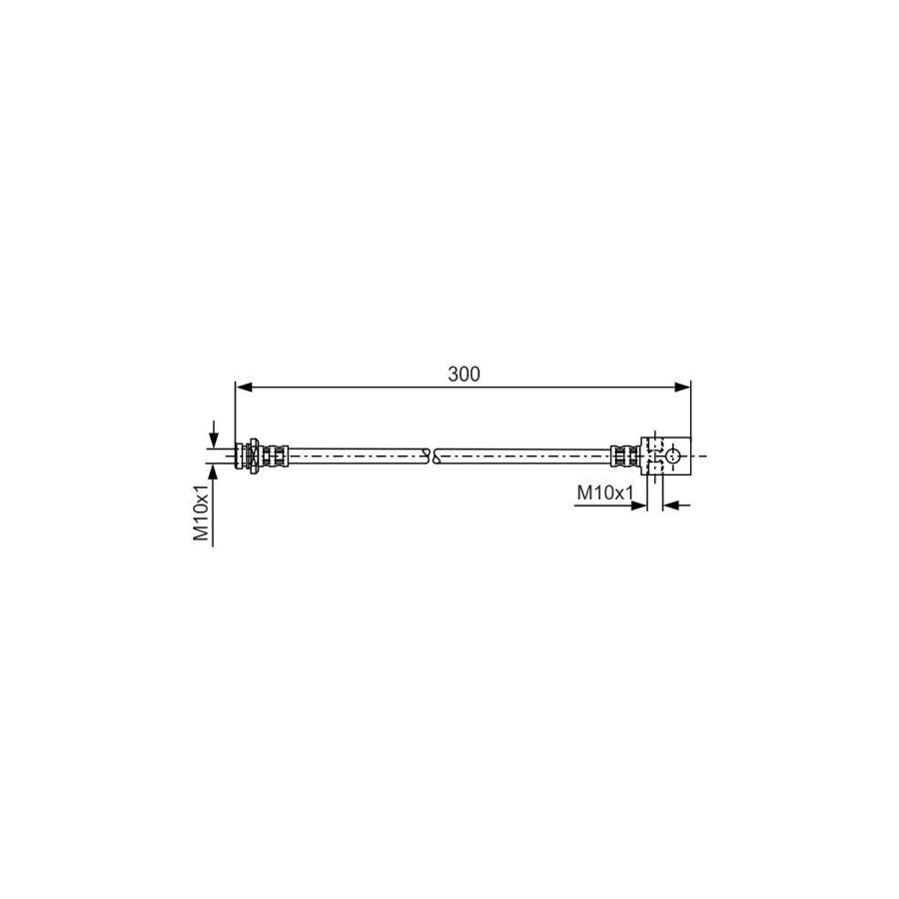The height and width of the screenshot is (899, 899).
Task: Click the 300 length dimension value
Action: pos(463,375)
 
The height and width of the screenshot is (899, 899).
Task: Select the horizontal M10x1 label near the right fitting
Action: pos(606,492)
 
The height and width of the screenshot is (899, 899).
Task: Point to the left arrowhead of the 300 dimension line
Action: pos(242,386)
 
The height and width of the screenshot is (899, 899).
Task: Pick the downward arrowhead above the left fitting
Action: pos(214,440)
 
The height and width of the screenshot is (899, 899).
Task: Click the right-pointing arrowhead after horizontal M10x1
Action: pos(639,505)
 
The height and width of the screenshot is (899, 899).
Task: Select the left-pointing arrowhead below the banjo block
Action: pos(671,505)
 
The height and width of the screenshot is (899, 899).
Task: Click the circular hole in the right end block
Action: pos(674,455)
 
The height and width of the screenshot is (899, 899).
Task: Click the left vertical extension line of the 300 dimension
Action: pos(234,410)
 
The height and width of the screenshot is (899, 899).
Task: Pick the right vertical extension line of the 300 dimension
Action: pos(691,410)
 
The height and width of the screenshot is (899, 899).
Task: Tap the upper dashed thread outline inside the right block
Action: pos(653,444)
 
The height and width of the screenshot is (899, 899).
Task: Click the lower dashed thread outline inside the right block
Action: pos(653,467)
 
